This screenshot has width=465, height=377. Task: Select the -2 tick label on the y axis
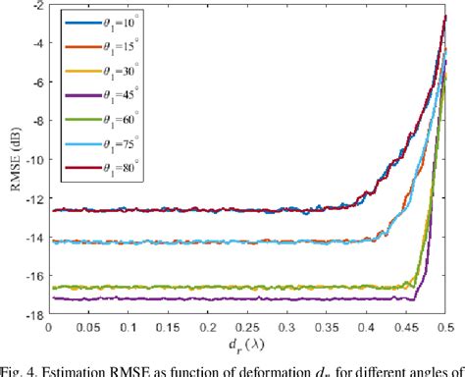tap(36, 6)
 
